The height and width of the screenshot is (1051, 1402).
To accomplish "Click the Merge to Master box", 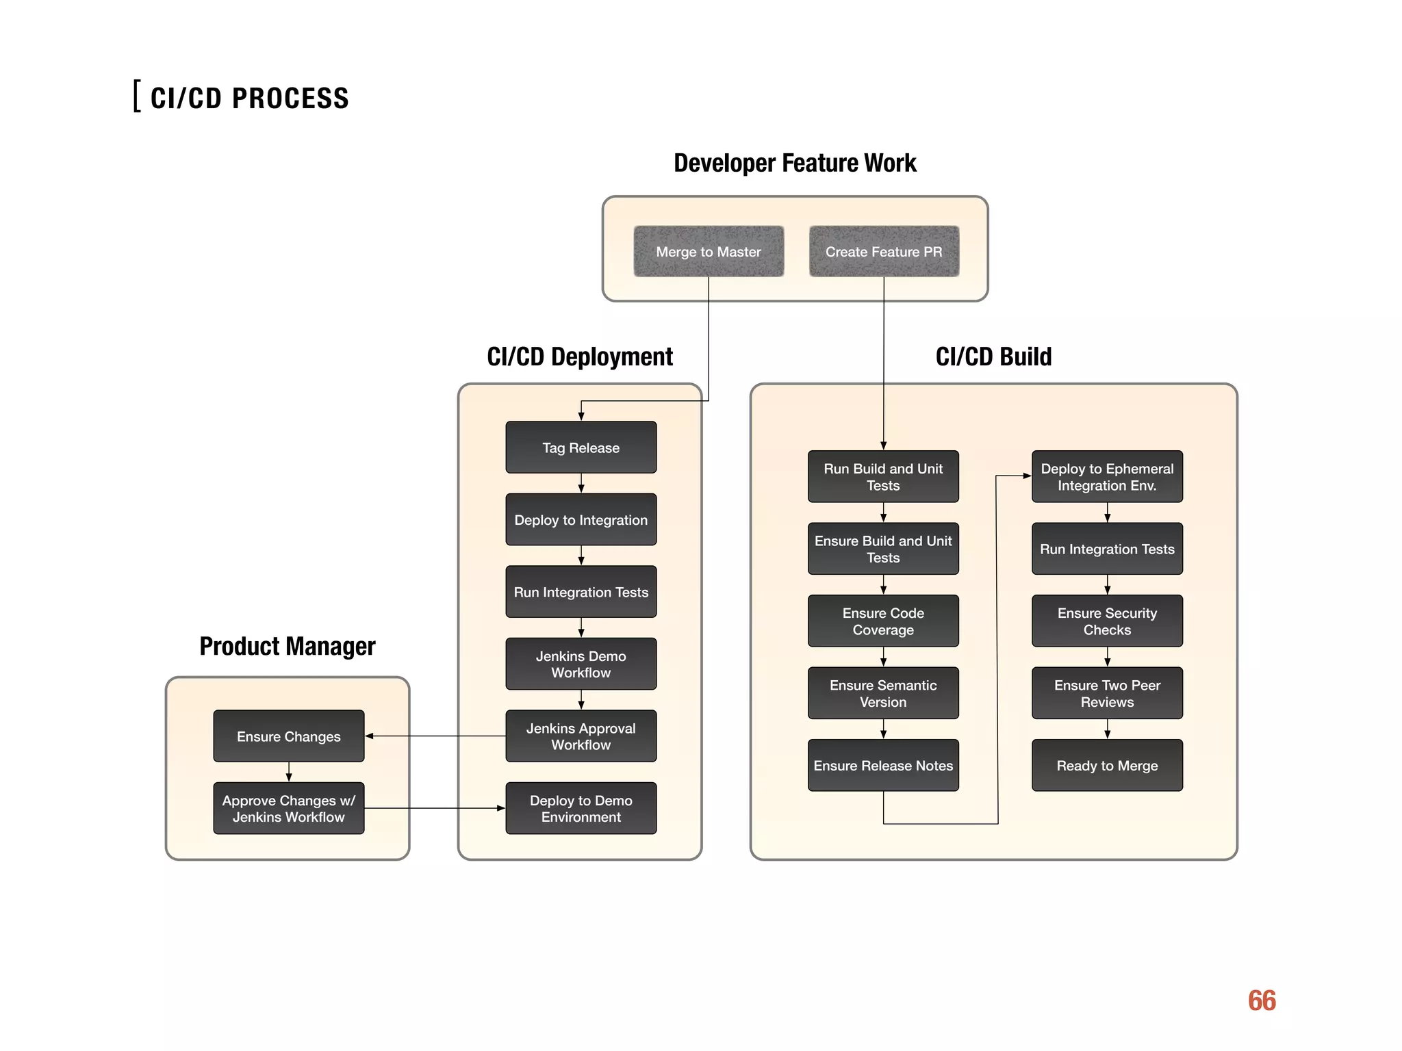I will pos(709,251).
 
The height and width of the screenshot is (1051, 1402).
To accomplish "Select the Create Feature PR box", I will pos(884,251).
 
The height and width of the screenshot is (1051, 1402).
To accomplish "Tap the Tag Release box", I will pos(581,447).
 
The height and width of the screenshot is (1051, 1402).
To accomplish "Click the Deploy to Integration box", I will pos(581,519).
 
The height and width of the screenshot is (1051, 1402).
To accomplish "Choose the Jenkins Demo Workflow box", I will pos(581,664).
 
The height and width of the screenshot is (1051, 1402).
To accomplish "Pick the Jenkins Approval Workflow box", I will pos(581,736).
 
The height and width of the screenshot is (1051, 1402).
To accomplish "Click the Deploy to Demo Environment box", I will pos(581,808).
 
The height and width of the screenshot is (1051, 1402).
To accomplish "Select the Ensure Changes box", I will pos(288,736).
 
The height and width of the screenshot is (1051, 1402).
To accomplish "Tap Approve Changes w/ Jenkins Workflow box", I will pos(288,808).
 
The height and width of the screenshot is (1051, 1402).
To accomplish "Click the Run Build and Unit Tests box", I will pos(883,476).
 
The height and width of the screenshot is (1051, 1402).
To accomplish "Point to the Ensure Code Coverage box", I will pos(883,621).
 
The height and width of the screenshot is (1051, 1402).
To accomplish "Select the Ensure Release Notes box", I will pos(883,765).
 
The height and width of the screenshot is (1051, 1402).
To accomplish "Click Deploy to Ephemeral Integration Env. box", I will pos(1107,476).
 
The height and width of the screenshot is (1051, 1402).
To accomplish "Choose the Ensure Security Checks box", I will pos(1107,621).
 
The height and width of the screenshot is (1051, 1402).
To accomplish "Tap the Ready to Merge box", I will pos(1107,765).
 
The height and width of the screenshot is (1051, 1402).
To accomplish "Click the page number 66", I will pos(1262,1000).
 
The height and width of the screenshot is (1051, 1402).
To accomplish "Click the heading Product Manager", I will pos(288,646).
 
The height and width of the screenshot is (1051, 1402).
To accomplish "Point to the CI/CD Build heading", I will pos(993,356).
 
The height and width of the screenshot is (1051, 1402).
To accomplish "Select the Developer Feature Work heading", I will pos(795,163).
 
